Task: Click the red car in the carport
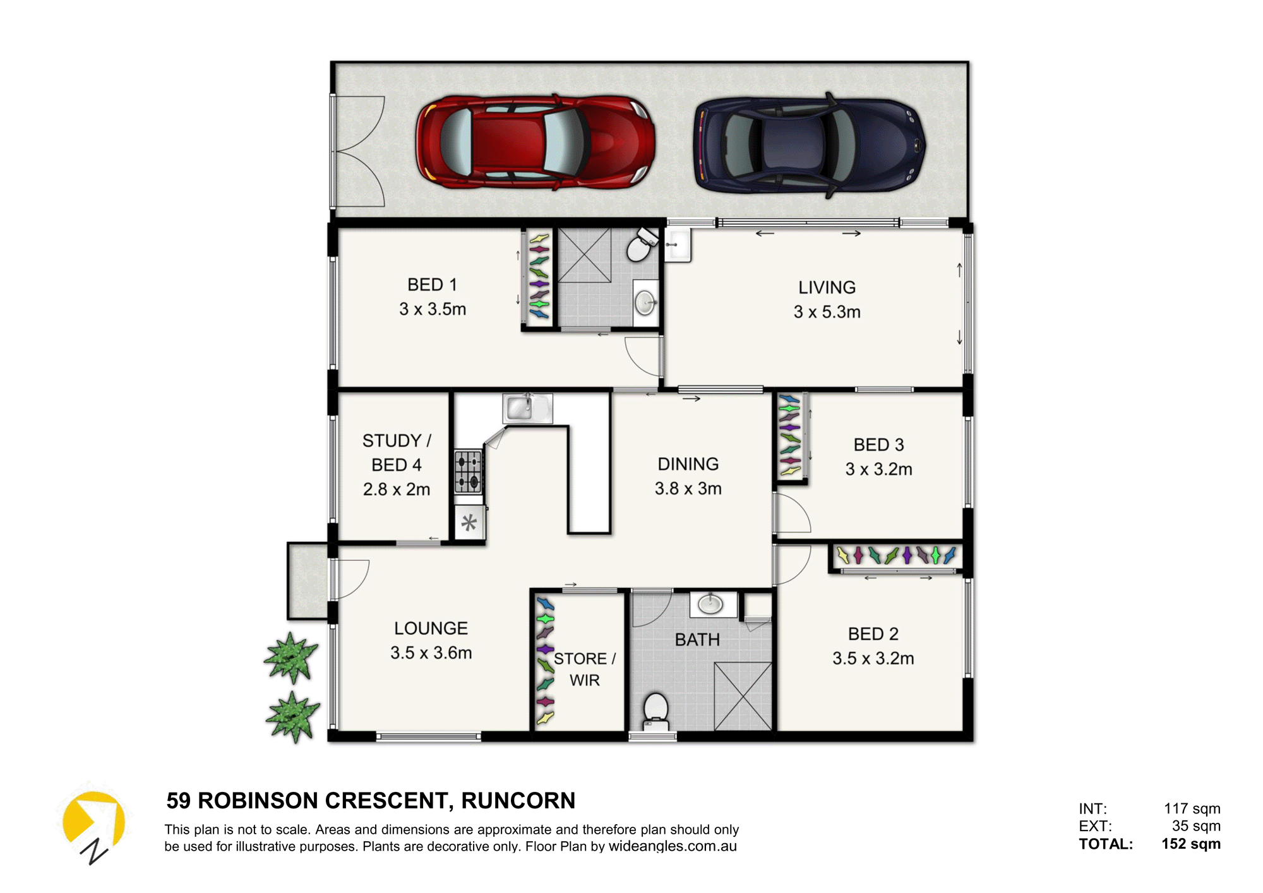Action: click(x=535, y=142)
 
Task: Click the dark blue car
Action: click(x=810, y=145)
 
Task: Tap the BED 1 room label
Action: click(x=432, y=285)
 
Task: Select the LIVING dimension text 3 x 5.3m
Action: click(x=827, y=312)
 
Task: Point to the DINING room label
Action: click(x=688, y=464)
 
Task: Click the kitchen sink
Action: click(x=527, y=407)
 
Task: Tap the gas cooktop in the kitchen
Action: click(x=469, y=471)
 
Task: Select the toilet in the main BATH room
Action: click(x=656, y=712)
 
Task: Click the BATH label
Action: click(x=697, y=640)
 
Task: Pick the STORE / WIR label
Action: click(x=585, y=669)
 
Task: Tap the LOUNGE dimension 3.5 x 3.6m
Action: click(x=431, y=653)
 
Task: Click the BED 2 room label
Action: click(x=873, y=634)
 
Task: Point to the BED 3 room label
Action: click(x=878, y=445)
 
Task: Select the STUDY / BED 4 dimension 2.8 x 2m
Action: click(x=396, y=489)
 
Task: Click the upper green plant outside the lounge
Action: click(x=290, y=657)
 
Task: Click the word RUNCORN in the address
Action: click(x=518, y=801)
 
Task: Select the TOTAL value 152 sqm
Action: click(x=1190, y=844)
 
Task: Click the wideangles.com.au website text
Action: click(x=673, y=847)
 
